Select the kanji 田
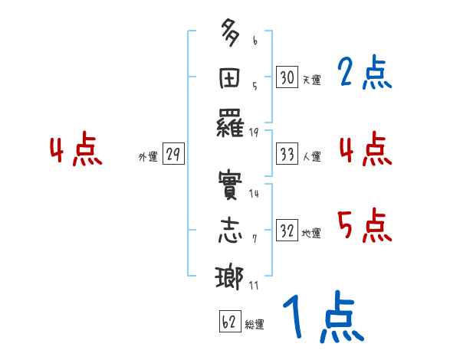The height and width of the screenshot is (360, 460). pos(230,78)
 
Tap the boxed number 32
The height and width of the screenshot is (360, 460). pos(286,231)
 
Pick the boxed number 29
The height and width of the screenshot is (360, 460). pos(172,155)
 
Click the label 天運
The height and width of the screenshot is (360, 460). pos(310,80)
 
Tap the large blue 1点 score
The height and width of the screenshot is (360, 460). pos(322,319)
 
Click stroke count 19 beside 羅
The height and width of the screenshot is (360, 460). pos(255,133)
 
